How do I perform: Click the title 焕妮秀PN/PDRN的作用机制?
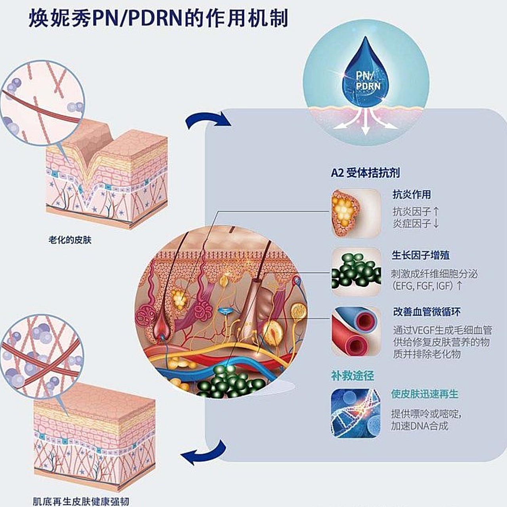pyautogui.click(x=158, y=19)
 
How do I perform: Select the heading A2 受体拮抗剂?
pyautogui.click(x=365, y=173)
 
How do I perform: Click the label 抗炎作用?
pyautogui.click(x=412, y=194)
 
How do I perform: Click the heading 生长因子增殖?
pyautogui.click(x=421, y=255)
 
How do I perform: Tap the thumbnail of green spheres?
pyautogui.click(x=356, y=272)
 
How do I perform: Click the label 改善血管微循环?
pyautogui.click(x=427, y=312)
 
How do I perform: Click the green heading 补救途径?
pyautogui.click(x=353, y=375)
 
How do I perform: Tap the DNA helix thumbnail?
pyautogui.click(x=356, y=413)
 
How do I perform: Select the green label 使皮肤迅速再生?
pyautogui.click(x=425, y=394)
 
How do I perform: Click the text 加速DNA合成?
pyautogui.click(x=419, y=426)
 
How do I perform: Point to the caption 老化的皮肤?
pyautogui.click(x=70, y=240)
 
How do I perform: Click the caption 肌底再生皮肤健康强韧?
pyautogui.click(x=81, y=501)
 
